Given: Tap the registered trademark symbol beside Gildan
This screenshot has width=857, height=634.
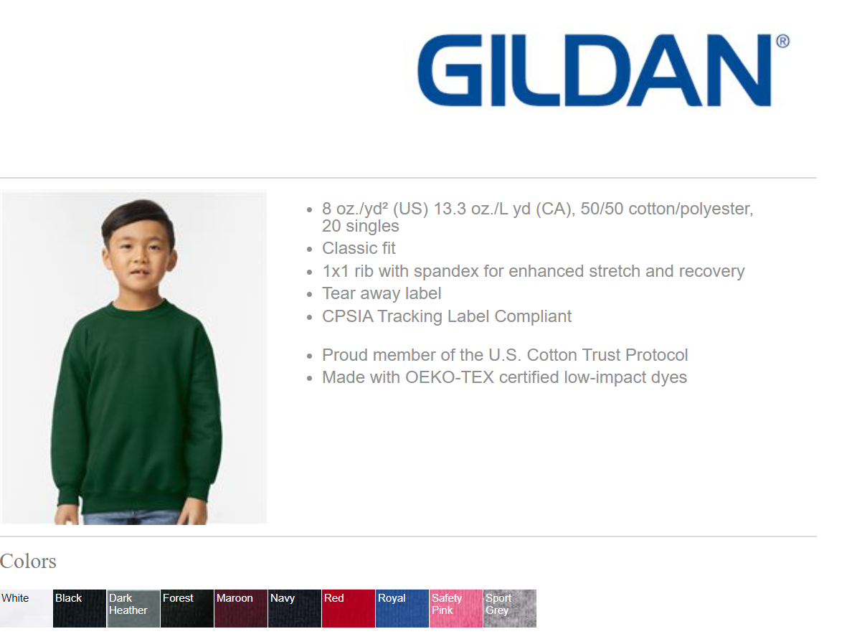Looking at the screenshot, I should [782, 42].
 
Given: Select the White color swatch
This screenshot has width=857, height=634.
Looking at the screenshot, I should [26, 608].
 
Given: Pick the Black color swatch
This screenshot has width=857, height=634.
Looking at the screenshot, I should [80, 608].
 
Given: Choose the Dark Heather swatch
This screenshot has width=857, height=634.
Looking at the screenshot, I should [133, 608].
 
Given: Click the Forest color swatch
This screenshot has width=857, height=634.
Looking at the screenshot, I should [187, 608].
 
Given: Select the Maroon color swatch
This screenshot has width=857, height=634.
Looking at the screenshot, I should [241, 608].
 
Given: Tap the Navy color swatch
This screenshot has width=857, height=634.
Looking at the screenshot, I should [295, 608].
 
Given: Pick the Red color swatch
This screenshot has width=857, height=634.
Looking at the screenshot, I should [349, 608].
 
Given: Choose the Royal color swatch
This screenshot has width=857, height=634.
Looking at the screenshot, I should [402, 608].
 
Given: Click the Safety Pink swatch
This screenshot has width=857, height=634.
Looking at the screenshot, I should [456, 608].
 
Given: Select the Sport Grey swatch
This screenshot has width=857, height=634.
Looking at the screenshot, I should [510, 608].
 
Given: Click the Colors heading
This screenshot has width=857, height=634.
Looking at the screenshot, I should [28, 561].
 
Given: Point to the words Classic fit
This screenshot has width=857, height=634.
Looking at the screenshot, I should [359, 249].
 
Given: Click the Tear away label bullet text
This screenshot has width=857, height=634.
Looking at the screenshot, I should [382, 294].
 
